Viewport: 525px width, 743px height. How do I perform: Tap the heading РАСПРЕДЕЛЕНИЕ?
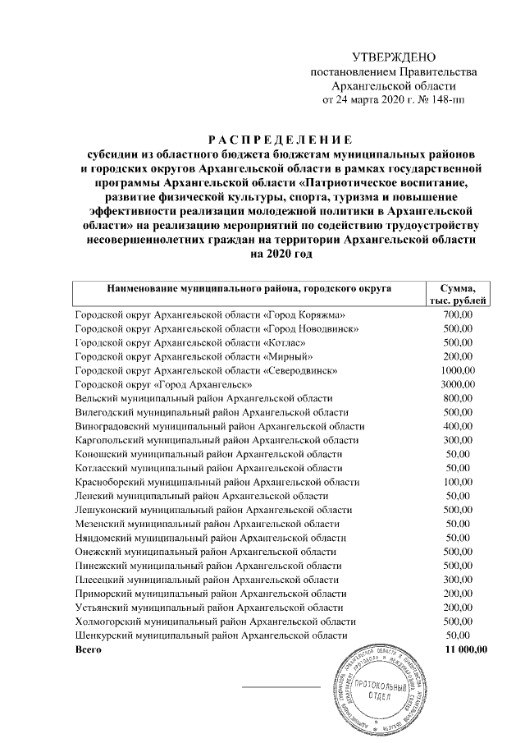(281, 139)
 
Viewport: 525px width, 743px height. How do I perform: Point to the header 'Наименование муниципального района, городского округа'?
(247, 288)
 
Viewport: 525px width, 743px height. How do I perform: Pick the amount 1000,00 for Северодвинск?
(457, 370)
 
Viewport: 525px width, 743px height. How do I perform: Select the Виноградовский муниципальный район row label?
(219, 426)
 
